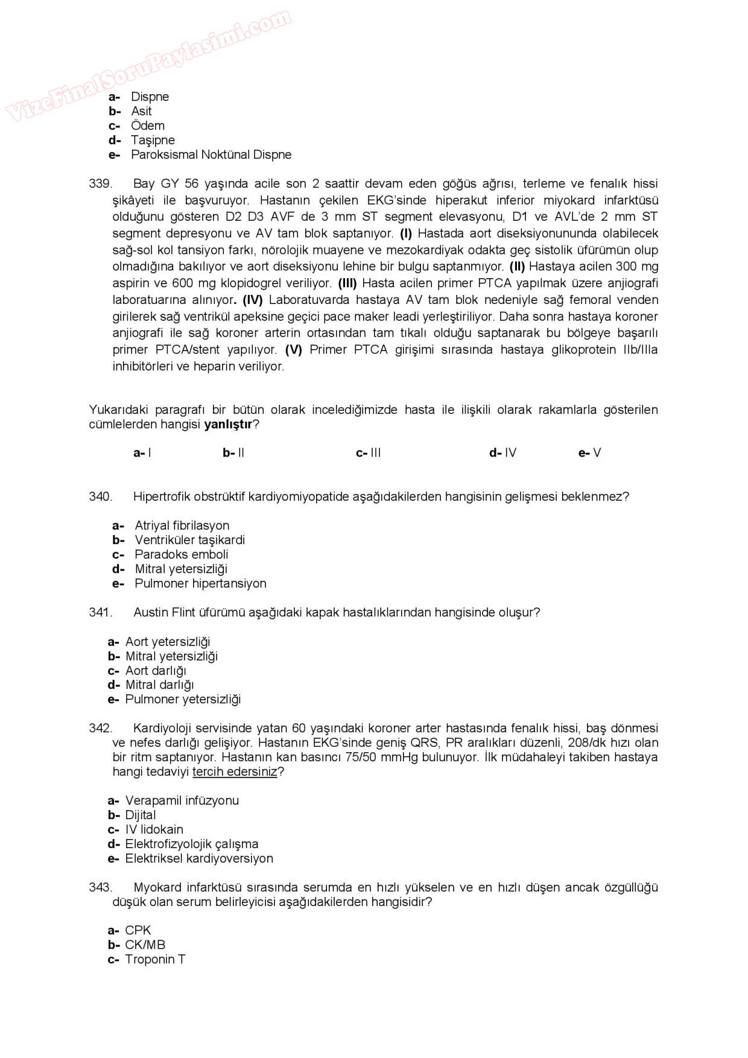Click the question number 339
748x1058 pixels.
tap(100, 183)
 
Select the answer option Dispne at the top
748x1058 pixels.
tap(150, 97)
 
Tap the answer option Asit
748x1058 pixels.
tap(141, 111)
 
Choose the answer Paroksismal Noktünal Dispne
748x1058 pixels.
tap(211, 154)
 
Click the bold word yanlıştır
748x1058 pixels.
tap(228, 424)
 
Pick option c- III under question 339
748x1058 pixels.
tap(369, 453)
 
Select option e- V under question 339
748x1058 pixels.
tap(590, 453)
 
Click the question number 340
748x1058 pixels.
tap(100, 496)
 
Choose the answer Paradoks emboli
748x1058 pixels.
tap(181, 554)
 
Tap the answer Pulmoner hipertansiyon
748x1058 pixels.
tap(200, 583)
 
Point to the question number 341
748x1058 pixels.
tap(100, 612)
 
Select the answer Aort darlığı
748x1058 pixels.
tap(156, 671)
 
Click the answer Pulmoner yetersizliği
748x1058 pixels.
tap(183, 699)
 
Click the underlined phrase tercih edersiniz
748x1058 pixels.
tap(235, 771)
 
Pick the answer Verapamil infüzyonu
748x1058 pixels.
tap(182, 800)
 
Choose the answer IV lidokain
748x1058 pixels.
tap(154, 829)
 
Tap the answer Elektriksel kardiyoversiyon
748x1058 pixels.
tap(199, 858)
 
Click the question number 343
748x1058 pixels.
tap(100, 887)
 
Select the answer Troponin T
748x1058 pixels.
tap(155, 959)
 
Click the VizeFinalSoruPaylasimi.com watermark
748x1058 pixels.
tap(148, 63)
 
